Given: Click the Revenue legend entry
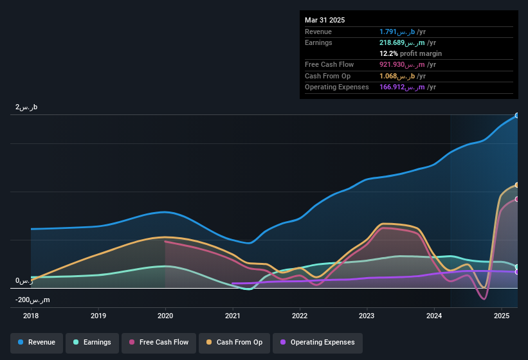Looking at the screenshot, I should [x=37, y=343].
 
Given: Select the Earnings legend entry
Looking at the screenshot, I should [x=92, y=343].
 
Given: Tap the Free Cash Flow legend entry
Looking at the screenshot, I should [x=159, y=343].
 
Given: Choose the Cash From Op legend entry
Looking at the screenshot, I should [x=235, y=343].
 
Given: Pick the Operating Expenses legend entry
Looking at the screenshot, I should [x=318, y=343].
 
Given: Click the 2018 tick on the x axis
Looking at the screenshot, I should [x=31, y=316].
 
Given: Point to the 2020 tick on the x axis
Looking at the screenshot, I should [x=165, y=316].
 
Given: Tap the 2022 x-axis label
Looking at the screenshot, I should [x=299, y=316].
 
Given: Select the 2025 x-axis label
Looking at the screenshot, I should [x=501, y=316].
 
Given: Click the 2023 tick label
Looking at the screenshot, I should [x=367, y=316].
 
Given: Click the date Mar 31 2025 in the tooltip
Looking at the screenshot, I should [x=325, y=20].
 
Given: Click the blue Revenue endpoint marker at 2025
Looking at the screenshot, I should [x=517, y=116].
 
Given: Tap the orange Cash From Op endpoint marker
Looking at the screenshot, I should [x=517, y=185].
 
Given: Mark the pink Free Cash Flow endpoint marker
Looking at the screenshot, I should [x=517, y=199].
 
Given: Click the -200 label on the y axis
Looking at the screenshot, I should [x=33, y=300].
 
